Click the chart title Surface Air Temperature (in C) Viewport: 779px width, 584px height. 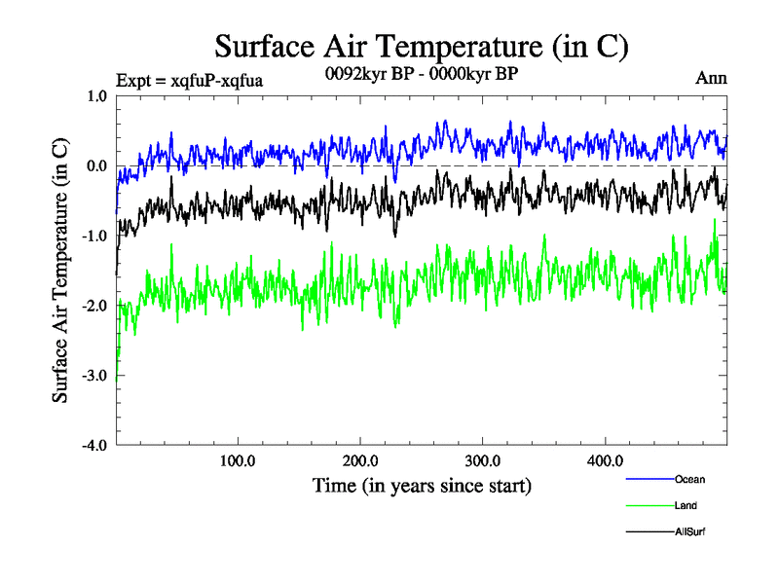[422, 46]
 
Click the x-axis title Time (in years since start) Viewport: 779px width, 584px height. [422, 485]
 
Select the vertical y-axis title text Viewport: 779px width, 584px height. [60, 271]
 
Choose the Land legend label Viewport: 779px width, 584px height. [686, 506]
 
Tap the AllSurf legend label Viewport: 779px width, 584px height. [689, 532]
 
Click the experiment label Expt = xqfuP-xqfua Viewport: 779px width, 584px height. [189, 80]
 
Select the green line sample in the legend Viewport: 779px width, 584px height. [648, 506]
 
